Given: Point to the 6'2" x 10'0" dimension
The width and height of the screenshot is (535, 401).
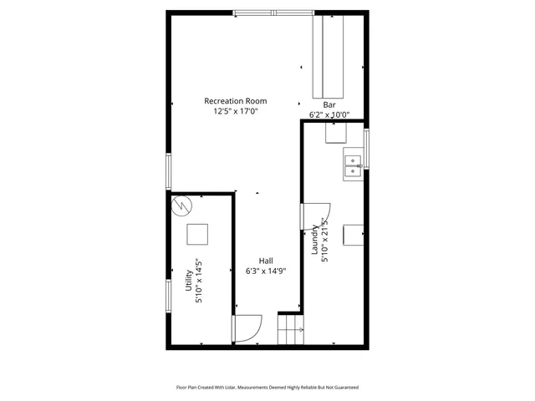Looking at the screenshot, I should (x=329, y=115).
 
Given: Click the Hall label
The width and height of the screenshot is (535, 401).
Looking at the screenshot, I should (x=265, y=261).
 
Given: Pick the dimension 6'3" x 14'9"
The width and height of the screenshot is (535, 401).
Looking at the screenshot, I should (x=265, y=271).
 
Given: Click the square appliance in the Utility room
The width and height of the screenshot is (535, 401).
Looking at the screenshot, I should (x=197, y=233).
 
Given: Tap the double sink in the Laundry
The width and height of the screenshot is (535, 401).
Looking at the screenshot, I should (x=352, y=166).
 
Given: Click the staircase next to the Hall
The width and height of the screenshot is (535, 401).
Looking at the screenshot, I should (x=289, y=329).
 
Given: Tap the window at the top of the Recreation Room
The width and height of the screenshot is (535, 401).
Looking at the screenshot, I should (x=273, y=13).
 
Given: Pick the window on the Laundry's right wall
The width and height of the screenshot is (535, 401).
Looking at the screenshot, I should (x=366, y=148).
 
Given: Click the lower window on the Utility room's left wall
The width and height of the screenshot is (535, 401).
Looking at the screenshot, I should (x=168, y=297).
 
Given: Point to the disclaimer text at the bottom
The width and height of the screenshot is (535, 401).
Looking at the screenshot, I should (x=267, y=388).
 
